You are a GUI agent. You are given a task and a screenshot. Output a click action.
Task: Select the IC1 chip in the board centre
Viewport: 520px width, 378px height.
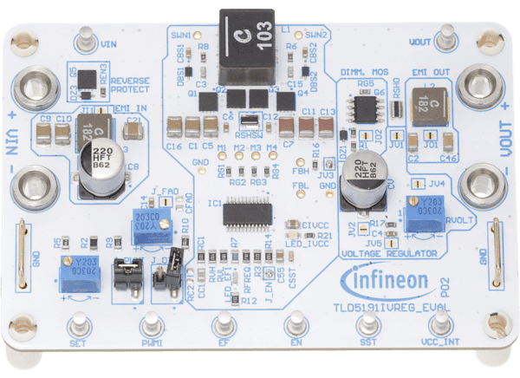click(246, 212)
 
